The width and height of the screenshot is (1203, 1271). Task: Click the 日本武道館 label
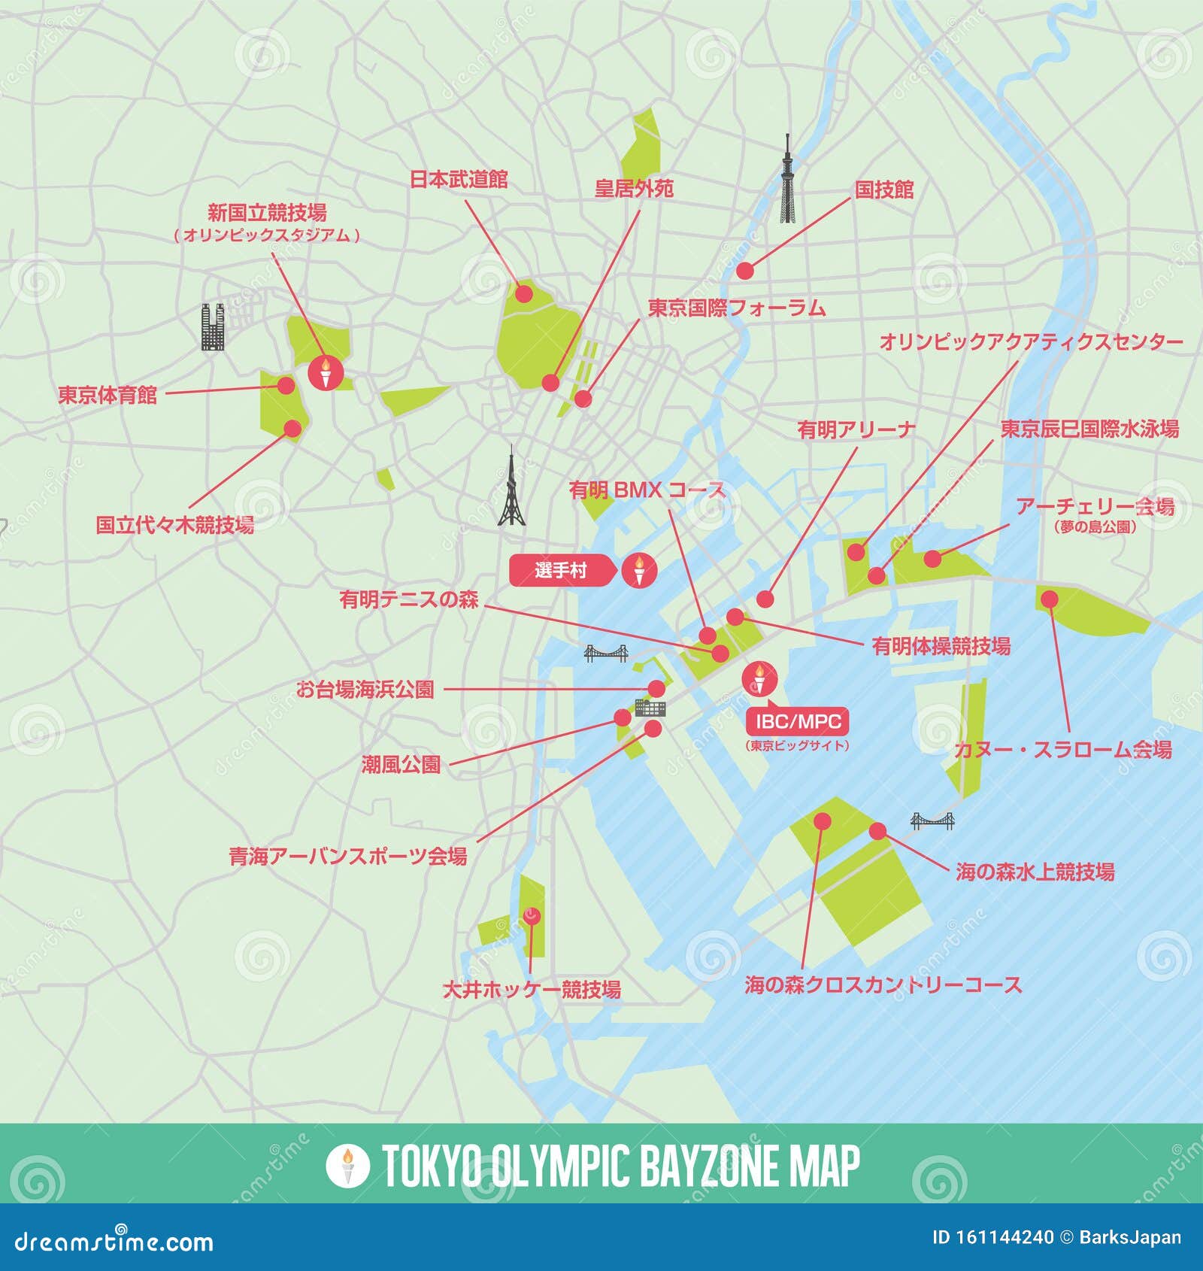tap(458, 179)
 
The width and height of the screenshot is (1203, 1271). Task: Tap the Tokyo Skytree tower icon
tap(786, 180)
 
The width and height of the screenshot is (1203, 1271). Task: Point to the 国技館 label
tap(883, 189)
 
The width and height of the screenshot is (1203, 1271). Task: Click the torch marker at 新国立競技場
tap(326, 372)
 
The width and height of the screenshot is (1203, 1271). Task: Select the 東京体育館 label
tap(108, 395)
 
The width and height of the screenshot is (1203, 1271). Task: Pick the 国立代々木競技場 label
tap(174, 524)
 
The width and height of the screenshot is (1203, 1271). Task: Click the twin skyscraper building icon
tap(214, 327)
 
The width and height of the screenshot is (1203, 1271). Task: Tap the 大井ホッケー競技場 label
tap(531, 989)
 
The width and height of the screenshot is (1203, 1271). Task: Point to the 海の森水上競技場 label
tap(1035, 872)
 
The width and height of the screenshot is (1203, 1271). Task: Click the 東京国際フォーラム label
tap(737, 308)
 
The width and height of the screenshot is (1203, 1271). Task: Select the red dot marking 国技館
tap(744, 270)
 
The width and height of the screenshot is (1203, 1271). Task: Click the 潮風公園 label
tap(401, 765)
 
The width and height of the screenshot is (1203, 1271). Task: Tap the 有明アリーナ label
tap(856, 429)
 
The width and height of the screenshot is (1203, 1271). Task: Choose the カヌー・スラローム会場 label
tap(1062, 749)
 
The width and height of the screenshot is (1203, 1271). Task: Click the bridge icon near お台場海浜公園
tap(606, 654)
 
